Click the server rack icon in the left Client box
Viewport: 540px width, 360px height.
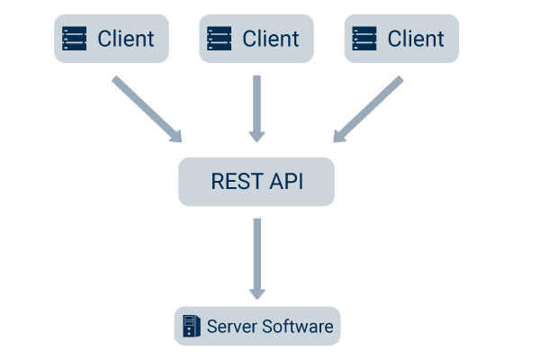75,39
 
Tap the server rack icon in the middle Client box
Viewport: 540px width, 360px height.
220,39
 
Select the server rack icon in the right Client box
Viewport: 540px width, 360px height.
364,39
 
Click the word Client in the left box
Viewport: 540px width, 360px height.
126,39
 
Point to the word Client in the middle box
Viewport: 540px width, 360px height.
271,39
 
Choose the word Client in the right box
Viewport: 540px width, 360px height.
416,39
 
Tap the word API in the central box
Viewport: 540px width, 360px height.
286,181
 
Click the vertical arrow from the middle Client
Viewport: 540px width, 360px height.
256,106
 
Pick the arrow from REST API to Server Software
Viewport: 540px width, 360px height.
256,256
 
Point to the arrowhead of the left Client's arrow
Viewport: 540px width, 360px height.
175,136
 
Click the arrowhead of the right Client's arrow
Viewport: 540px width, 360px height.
339,136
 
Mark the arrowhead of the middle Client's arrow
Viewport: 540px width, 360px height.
256,135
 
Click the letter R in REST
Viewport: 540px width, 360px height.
217,181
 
